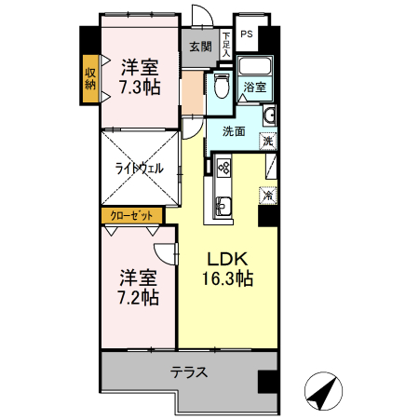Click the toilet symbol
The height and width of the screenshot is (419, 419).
point(222,86)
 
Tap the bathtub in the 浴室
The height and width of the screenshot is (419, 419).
point(254,66)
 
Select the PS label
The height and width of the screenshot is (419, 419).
point(247,34)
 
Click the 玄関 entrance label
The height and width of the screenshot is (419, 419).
point(200,47)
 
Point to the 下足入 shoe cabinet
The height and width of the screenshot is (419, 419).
point(226,45)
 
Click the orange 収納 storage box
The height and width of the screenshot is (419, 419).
point(90,79)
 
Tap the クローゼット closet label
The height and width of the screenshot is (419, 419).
point(131,215)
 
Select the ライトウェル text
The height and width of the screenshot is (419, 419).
point(139,169)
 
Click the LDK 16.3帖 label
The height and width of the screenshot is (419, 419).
point(227,268)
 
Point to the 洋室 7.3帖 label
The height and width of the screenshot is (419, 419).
point(140,77)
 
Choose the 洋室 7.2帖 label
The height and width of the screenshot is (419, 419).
point(139,288)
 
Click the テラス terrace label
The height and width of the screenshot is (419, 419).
point(189,372)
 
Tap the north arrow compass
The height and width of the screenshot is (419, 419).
point(323,391)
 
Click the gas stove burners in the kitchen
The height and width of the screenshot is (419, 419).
point(223,168)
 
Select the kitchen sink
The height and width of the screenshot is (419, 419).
point(223,206)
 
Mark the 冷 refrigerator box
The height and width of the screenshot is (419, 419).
point(268,196)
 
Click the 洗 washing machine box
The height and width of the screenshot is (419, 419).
point(268,142)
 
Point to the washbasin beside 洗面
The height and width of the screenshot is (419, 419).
point(269,115)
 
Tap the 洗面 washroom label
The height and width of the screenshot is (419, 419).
point(234,131)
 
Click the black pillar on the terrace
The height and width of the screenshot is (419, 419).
point(267,382)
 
